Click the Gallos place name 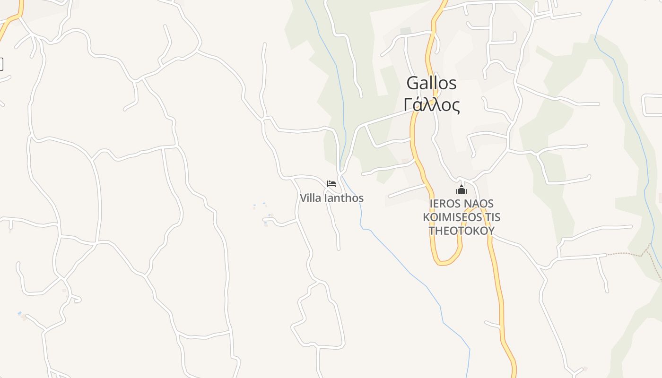click(x=431, y=83)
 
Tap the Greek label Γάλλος click(x=432, y=105)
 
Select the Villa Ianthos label click(x=331, y=198)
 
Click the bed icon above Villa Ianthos click(x=331, y=184)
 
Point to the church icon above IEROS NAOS click(x=461, y=190)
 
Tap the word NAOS click(x=478, y=204)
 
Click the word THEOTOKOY click(x=461, y=231)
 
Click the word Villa click(x=310, y=198)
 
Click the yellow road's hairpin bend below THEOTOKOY click(x=444, y=262)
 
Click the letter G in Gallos click(x=413, y=83)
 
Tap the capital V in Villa click(x=304, y=198)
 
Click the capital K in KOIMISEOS click(x=427, y=217)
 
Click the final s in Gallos click(x=453, y=84)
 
